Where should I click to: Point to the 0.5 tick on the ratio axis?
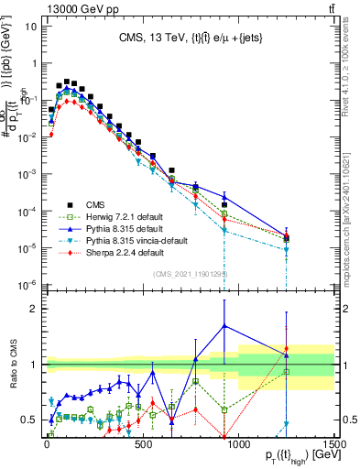tap(31, 420)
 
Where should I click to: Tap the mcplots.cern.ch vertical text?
tap(351, 211)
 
